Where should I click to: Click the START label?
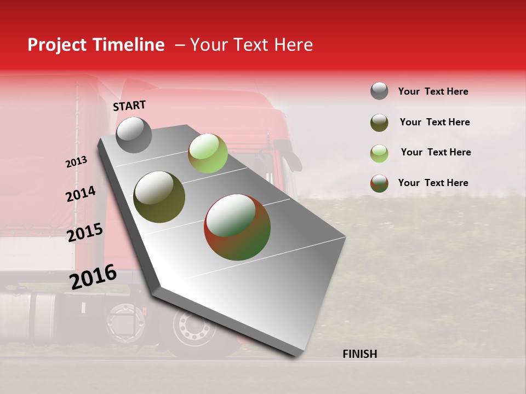[x=129, y=106]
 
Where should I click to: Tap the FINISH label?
[x=359, y=354]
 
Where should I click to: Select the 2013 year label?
[x=76, y=162]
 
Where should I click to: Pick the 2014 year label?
[x=81, y=194]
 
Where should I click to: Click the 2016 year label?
[x=93, y=277]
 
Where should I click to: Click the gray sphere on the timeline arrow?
[x=134, y=135]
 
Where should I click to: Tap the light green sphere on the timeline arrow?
[x=208, y=153]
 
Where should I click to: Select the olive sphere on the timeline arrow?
[x=159, y=197]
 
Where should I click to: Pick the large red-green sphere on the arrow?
[x=237, y=227]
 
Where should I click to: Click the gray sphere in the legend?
[x=379, y=91]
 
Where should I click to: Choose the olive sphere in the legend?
[x=379, y=123]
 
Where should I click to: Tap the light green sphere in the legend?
[x=379, y=153]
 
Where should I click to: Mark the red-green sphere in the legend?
[x=379, y=183]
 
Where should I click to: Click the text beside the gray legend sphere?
[x=433, y=91]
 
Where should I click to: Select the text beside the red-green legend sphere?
[x=433, y=183]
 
